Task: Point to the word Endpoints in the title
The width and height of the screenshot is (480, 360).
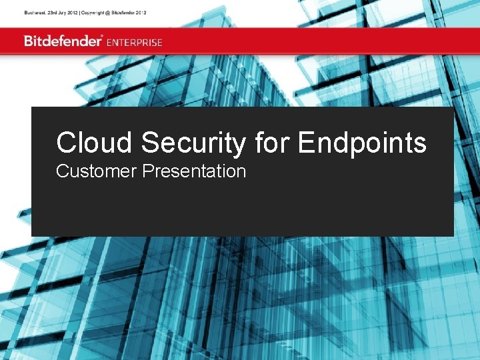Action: [x=362, y=143]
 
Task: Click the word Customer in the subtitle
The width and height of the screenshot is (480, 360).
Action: [x=97, y=171]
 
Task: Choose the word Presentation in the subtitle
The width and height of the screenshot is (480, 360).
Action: [x=194, y=171]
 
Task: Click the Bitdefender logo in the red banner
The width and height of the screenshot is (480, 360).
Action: [x=63, y=41]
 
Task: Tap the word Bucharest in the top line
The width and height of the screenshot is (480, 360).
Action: [x=35, y=13]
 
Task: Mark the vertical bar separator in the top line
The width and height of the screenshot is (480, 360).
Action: [x=79, y=13]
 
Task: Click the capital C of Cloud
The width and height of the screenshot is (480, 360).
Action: [x=65, y=143]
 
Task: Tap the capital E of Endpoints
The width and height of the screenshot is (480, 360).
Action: [x=306, y=143]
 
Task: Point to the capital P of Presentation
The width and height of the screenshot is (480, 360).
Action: [x=147, y=171]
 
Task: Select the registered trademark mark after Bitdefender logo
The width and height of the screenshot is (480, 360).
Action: [x=102, y=36]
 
